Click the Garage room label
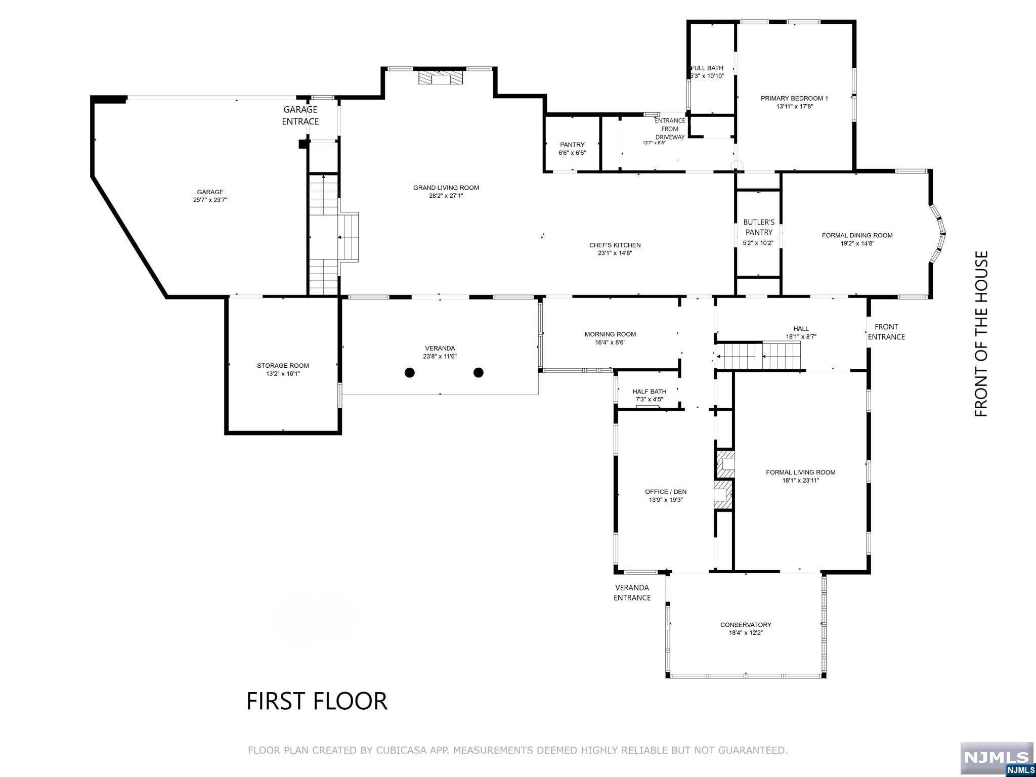(x=210, y=192)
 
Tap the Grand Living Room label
(x=446, y=188)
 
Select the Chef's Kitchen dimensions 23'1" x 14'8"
(x=615, y=253)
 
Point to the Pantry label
(x=572, y=145)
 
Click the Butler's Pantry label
(x=759, y=227)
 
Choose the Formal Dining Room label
(x=857, y=235)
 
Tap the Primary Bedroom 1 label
(x=794, y=98)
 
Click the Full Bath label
(x=707, y=68)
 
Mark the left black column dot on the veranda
(x=410, y=373)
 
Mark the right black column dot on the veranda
(x=479, y=373)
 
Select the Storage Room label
(x=283, y=366)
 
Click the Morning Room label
(x=610, y=334)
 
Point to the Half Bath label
(x=649, y=392)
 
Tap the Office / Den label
(x=666, y=492)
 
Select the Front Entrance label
(x=886, y=332)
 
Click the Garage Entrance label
(x=300, y=115)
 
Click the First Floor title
(x=317, y=701)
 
